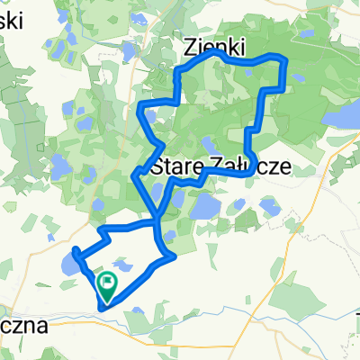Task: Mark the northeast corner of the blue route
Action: [x=283, y=58]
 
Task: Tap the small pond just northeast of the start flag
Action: [x=123, y=268]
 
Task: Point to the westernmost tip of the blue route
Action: [x=74, y=249]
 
